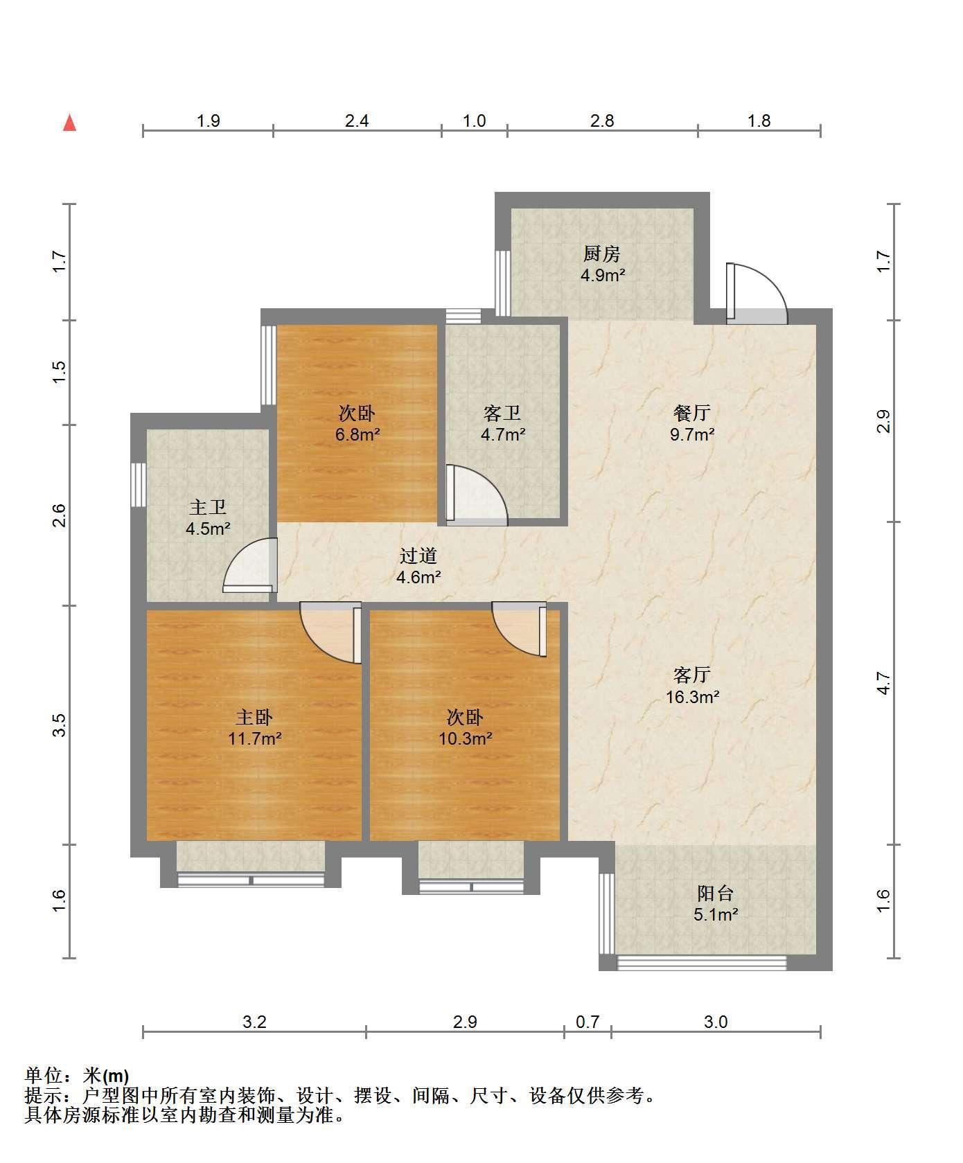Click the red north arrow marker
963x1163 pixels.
[69, 123]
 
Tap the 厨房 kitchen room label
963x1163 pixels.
[601, 254]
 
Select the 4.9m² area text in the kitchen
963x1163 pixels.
[603, 275]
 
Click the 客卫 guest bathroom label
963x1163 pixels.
[502, 414]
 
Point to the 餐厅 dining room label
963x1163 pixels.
[692, 413]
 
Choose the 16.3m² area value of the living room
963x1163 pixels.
[693, 697]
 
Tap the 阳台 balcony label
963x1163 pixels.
[715, 893]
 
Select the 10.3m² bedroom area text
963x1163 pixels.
[465, 738]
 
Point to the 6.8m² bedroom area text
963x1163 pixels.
[357, 435]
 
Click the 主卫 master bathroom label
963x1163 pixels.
[208, 508]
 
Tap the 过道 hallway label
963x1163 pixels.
[418, 556]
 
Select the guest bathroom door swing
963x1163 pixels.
[477, 493]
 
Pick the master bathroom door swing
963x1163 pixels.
[250, 565]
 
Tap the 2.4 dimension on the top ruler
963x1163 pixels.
[357, 121]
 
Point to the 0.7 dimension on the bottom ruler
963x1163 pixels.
[587, 1022]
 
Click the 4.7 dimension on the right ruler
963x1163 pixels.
[883, 684]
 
